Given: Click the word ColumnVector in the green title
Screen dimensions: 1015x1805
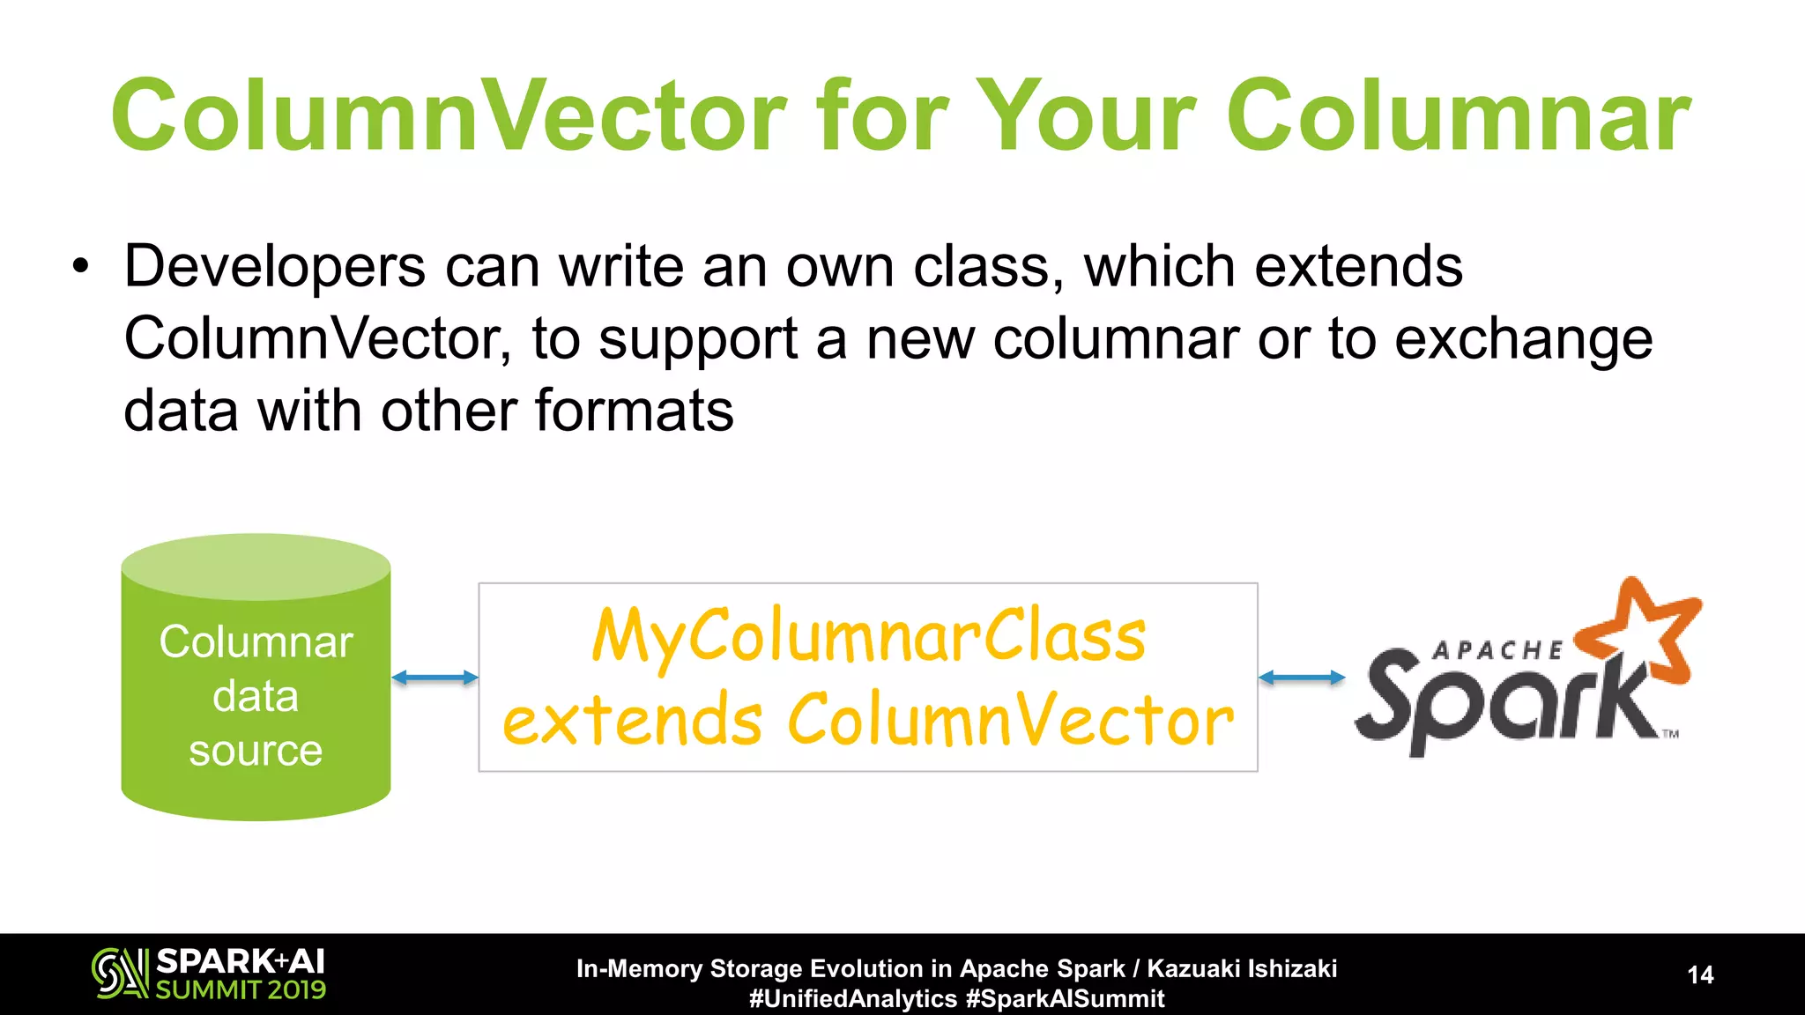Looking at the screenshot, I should [x=449, y=116].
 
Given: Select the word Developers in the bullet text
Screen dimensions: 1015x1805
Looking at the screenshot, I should [x=275, y=266].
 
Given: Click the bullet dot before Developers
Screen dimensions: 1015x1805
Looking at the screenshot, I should [x=81, y=267].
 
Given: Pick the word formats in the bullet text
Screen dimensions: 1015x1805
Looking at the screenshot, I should [x=634, y=411].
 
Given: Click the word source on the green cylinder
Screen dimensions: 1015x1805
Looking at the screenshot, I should [x=256, y=751].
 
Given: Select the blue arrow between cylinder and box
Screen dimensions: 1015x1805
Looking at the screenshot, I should [x=435, y=678].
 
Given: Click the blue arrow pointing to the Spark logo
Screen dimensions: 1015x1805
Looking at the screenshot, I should [x=1302, y=678].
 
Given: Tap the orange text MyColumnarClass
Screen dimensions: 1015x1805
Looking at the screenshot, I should [x=868, y=636].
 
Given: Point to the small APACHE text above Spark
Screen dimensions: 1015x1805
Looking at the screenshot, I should [x=1497, y=651].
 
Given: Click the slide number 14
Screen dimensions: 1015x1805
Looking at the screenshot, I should [x=1700, y=974].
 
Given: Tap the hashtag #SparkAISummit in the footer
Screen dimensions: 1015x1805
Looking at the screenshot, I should [x=1065, y=999].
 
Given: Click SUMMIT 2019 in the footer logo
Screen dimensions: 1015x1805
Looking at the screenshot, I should [x=241, y=990].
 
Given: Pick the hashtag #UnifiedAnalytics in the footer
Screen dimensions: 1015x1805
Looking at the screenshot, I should [x=852, y=999].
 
